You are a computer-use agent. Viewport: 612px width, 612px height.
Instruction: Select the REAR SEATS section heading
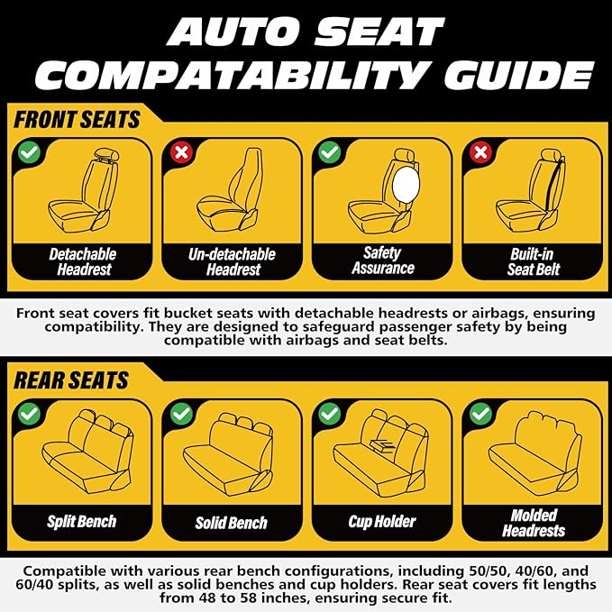point(71,379)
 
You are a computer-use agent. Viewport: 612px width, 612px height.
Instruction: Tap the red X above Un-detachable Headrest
point(180,151)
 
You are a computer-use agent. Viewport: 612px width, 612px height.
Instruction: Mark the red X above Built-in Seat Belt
point(480,151)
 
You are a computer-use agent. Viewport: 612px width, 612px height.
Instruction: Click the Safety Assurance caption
point(381,260)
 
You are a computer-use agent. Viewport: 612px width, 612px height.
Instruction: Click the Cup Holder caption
point(381,521)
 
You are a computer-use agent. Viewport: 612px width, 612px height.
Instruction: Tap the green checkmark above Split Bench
point(30,413)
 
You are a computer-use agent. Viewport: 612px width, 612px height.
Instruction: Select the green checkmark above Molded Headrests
point(480,413)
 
